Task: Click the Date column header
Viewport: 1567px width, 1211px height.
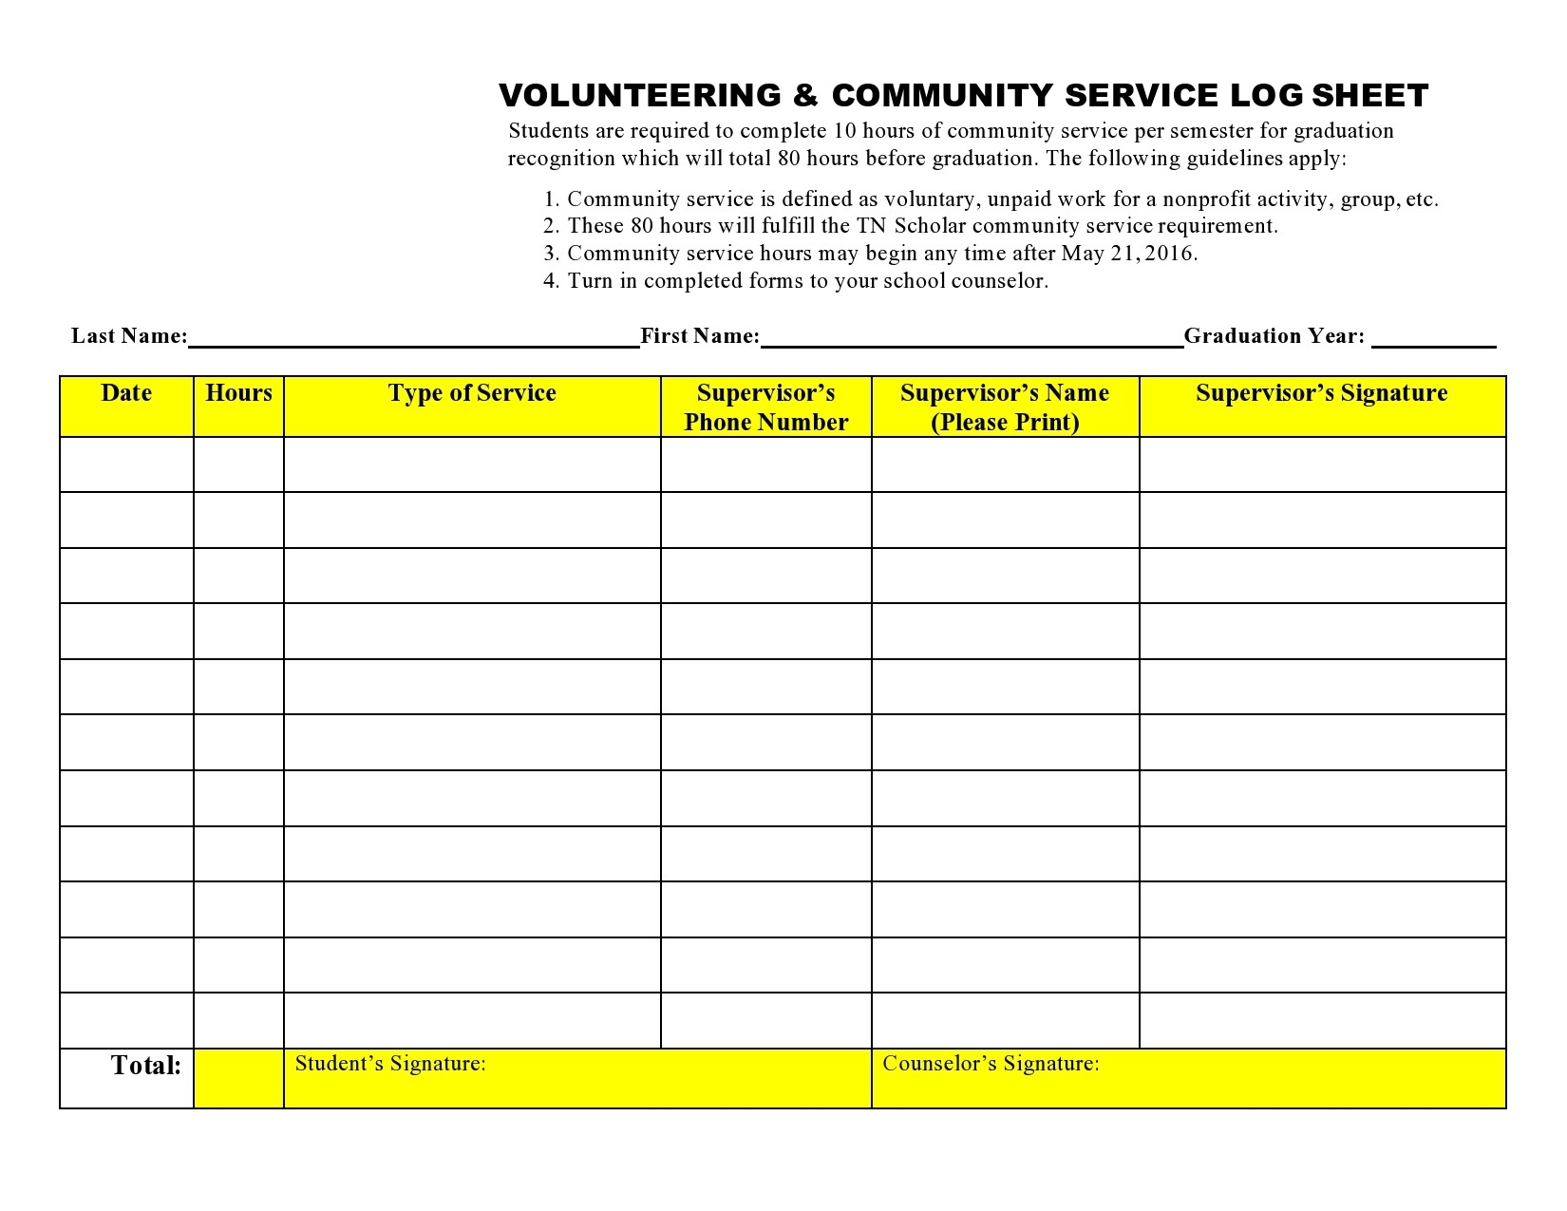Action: [126, 393]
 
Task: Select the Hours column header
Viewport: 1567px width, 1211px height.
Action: [238, 393]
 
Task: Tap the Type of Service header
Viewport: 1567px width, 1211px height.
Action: [472, 393]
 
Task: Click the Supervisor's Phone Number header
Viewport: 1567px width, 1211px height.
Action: [765, 407]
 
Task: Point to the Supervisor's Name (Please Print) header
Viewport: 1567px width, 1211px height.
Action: [1005, 407]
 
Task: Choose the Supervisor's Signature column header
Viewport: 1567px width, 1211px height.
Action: [1321, 393]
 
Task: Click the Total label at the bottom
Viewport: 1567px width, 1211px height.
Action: [145, 1066]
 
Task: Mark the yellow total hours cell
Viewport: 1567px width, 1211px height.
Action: [238, 1078]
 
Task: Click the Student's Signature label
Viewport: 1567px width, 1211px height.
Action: [390, 1064]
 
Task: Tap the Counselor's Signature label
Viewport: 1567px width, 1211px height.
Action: [991, 1064]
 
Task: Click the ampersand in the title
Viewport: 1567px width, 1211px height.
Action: [805, 96]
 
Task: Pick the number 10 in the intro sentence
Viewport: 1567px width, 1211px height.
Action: [844, 131]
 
